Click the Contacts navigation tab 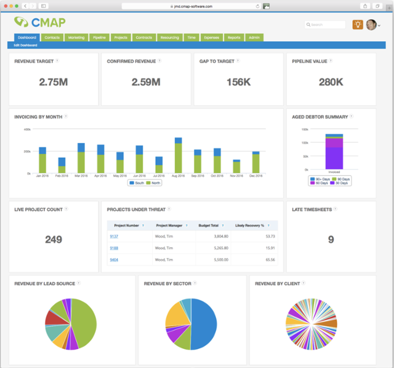click(52, 38)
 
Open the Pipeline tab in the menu click(99, 38)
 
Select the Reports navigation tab click(234, 38)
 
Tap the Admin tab click(254, 38)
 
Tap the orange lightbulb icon click(357, 25)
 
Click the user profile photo click(371, 25)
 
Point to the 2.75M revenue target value click(54, 83)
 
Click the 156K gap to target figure click(238, 83)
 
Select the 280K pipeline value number click(331, 83)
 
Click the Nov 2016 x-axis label click(236, 176)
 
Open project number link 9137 click(114, 236)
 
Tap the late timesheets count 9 click(331, 239)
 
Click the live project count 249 click(54, 239)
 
